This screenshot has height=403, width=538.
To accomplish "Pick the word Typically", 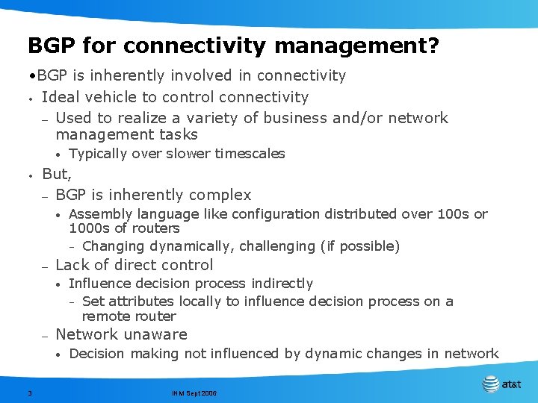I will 98,154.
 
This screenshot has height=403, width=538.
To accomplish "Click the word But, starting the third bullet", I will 57,175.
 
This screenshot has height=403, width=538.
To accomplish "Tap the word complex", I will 221,196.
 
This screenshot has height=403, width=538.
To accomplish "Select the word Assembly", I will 97,214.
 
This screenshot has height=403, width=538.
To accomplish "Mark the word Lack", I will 72,265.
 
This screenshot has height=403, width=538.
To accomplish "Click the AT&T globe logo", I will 491,384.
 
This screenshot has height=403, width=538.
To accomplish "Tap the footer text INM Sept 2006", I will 194,392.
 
